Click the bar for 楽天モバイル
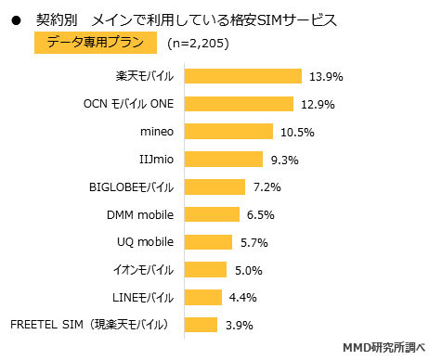pyautogui.click(x=243, y=76)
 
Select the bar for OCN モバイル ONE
pyautogui.click(x=240, y=104)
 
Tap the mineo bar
pyautogui.click(x=229, y=132)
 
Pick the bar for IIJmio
pyautogui.click(x=224, y=160)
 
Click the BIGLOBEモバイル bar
pyautogui.click(x=215, y=186)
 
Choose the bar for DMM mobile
pyautogui.click(x=213, y=214)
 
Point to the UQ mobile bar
pyautogui.click(x=209, y=242)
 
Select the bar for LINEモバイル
pyautogui.click(x=203, y=297)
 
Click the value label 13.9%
pyautogui.click(x=326, y=76)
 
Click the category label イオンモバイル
pyautogui.click(x=140, y=270)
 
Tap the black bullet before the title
pyautogui.click(x=15, y=18)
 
